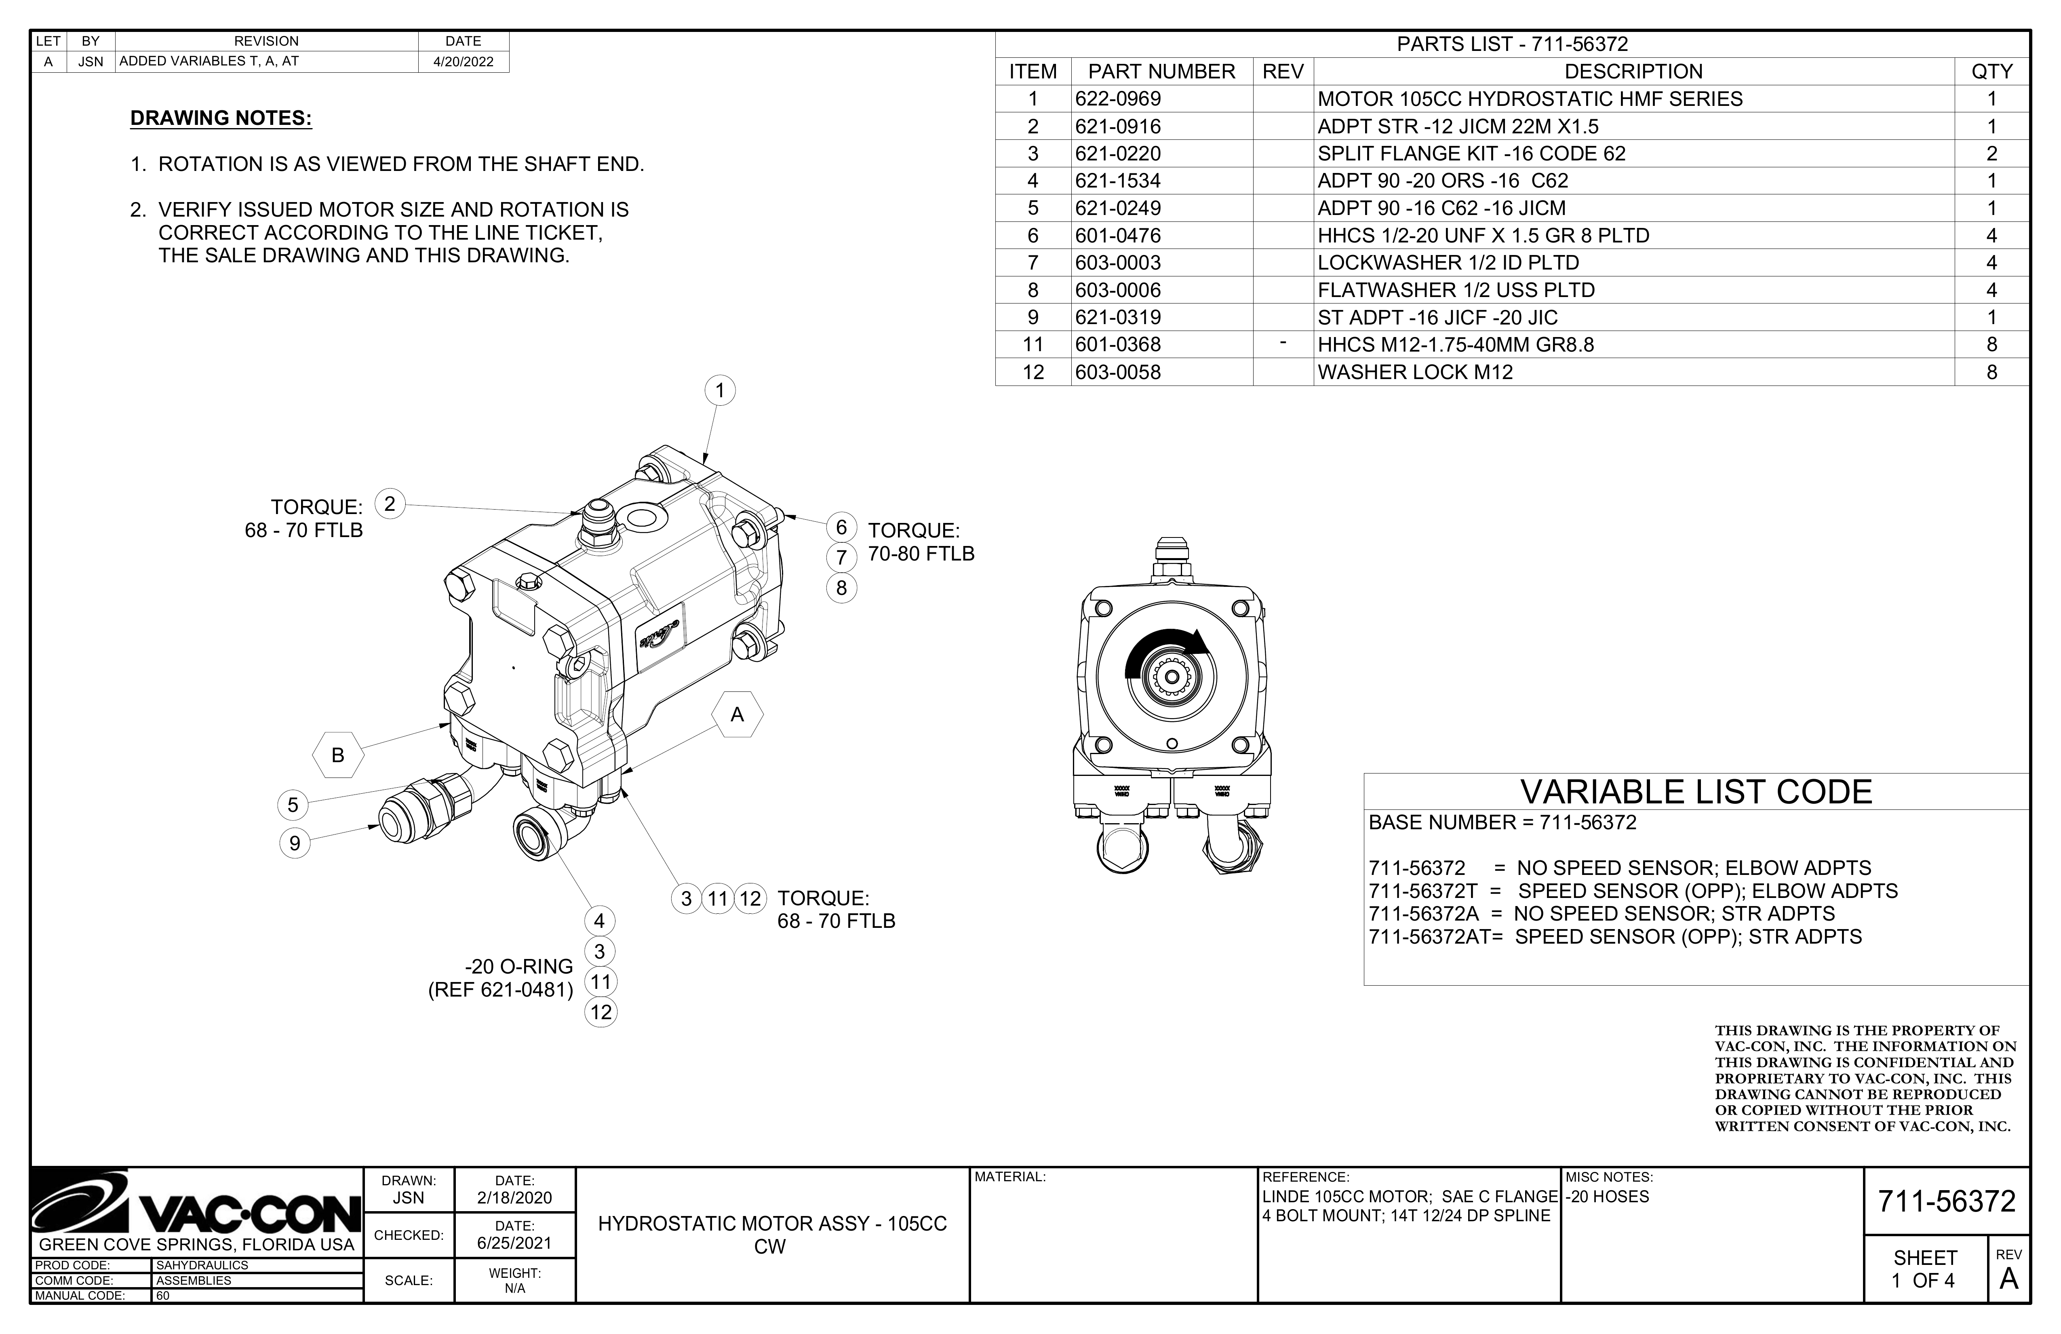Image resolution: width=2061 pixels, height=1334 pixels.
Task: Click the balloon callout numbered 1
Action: [719, 391]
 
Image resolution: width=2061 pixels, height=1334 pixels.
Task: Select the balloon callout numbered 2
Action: [390, 504]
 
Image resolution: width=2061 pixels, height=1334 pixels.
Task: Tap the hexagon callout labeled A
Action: [738, 714]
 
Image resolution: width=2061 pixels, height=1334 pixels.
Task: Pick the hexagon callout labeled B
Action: [338, 754]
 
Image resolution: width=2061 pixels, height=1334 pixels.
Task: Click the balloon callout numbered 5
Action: [293, 805]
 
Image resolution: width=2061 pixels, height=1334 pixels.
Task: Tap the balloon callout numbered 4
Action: [599, 921]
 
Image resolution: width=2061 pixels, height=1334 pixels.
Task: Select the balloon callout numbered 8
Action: [841, 588]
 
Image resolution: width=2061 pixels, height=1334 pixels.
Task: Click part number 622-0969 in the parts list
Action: [1118, 99]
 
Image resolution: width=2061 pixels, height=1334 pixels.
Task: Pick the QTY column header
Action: [1992, 72]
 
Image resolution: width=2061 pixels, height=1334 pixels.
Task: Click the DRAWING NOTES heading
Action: [221, 118]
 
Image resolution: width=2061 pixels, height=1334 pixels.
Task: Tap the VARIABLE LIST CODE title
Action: [1696, 792]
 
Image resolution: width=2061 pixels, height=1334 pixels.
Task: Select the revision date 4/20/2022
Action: [463, 61]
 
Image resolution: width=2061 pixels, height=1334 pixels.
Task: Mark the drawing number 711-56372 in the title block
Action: [1947, 1201]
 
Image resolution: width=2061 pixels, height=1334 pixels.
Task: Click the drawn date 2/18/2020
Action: [514, 1198]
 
